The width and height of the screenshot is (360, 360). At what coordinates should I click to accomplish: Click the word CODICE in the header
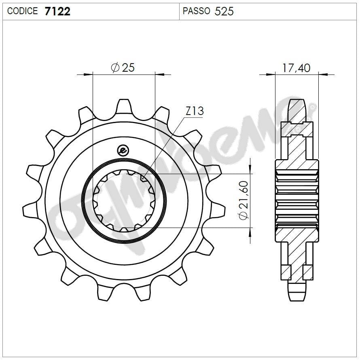(x=23, y=11)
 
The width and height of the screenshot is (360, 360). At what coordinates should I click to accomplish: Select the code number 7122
(x=57, y=11)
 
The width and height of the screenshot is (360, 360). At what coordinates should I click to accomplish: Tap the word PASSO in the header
(x=196, y=11)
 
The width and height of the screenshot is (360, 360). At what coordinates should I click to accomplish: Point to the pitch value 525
(x=224, y=11)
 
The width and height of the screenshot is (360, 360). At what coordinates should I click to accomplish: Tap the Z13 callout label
(x=195, y=111)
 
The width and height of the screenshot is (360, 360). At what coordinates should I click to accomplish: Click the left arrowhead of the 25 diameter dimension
(x=89, y=75)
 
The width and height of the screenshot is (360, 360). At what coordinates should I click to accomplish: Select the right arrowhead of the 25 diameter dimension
(x=160, y=75)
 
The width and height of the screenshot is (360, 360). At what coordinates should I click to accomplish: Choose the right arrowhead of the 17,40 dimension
(x=323, y=75)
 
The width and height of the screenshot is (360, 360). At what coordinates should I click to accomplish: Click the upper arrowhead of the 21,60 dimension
(x=250, y=169)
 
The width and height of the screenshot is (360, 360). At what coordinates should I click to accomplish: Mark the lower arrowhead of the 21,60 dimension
(x=250, y=232)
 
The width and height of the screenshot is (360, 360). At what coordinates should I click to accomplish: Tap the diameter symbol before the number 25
(x=114, y=68)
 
